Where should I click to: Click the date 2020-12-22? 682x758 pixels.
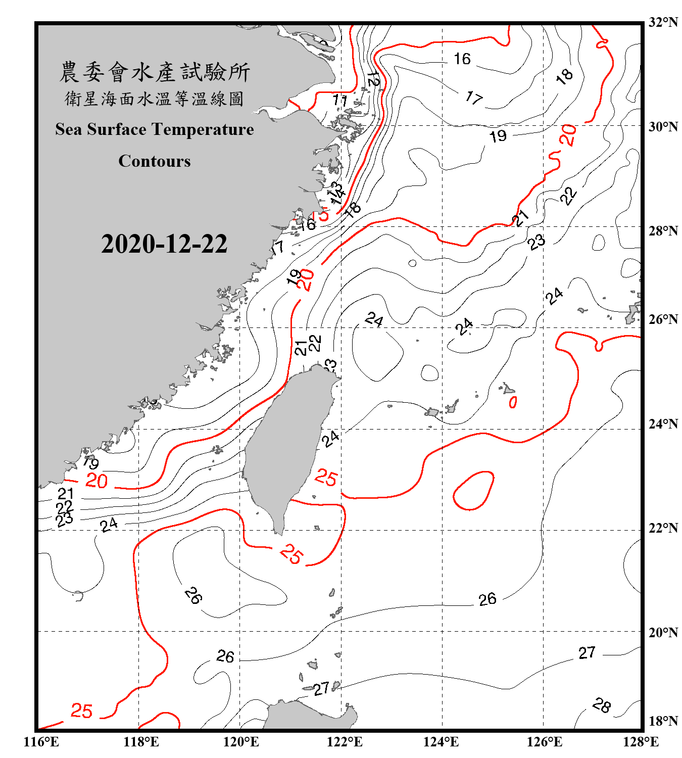pos(164,244)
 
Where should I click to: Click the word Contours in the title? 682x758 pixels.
pos(155,161)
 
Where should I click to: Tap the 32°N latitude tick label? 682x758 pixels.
pos(663,22)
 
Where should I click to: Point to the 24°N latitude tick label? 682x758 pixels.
pos(663,423)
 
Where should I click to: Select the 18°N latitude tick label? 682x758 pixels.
pos(663,721)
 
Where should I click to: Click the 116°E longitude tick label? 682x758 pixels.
pos(41,742)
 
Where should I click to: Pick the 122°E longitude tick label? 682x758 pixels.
pos(345,742)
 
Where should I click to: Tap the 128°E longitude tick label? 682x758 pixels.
pos(641,742)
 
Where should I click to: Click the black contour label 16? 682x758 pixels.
pos(462,59)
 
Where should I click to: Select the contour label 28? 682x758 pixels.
pos(602,705)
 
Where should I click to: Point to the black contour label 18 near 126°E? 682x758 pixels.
pos(564,76)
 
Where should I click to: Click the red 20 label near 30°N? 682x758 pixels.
pos(569,135)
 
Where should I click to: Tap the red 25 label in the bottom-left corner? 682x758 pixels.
pos(81,711)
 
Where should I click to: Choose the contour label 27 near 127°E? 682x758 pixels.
pos(587,653)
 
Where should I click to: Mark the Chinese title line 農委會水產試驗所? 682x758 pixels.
pos(155,72)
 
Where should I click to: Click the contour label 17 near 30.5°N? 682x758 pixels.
pos(474,98)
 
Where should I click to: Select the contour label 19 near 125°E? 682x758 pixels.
pos(498,136)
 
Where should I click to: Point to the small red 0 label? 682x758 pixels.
pos(513,402)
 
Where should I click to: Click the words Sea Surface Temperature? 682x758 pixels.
pos(155,130)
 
